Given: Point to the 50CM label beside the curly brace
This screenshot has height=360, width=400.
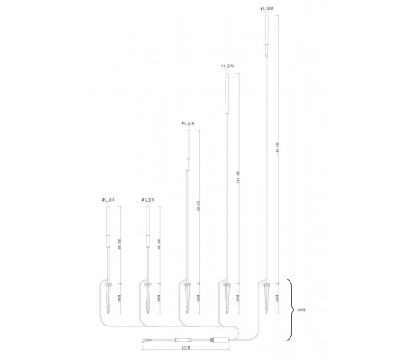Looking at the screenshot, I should pos(300,308).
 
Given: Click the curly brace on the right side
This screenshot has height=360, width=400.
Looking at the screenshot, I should pos(290,308).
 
